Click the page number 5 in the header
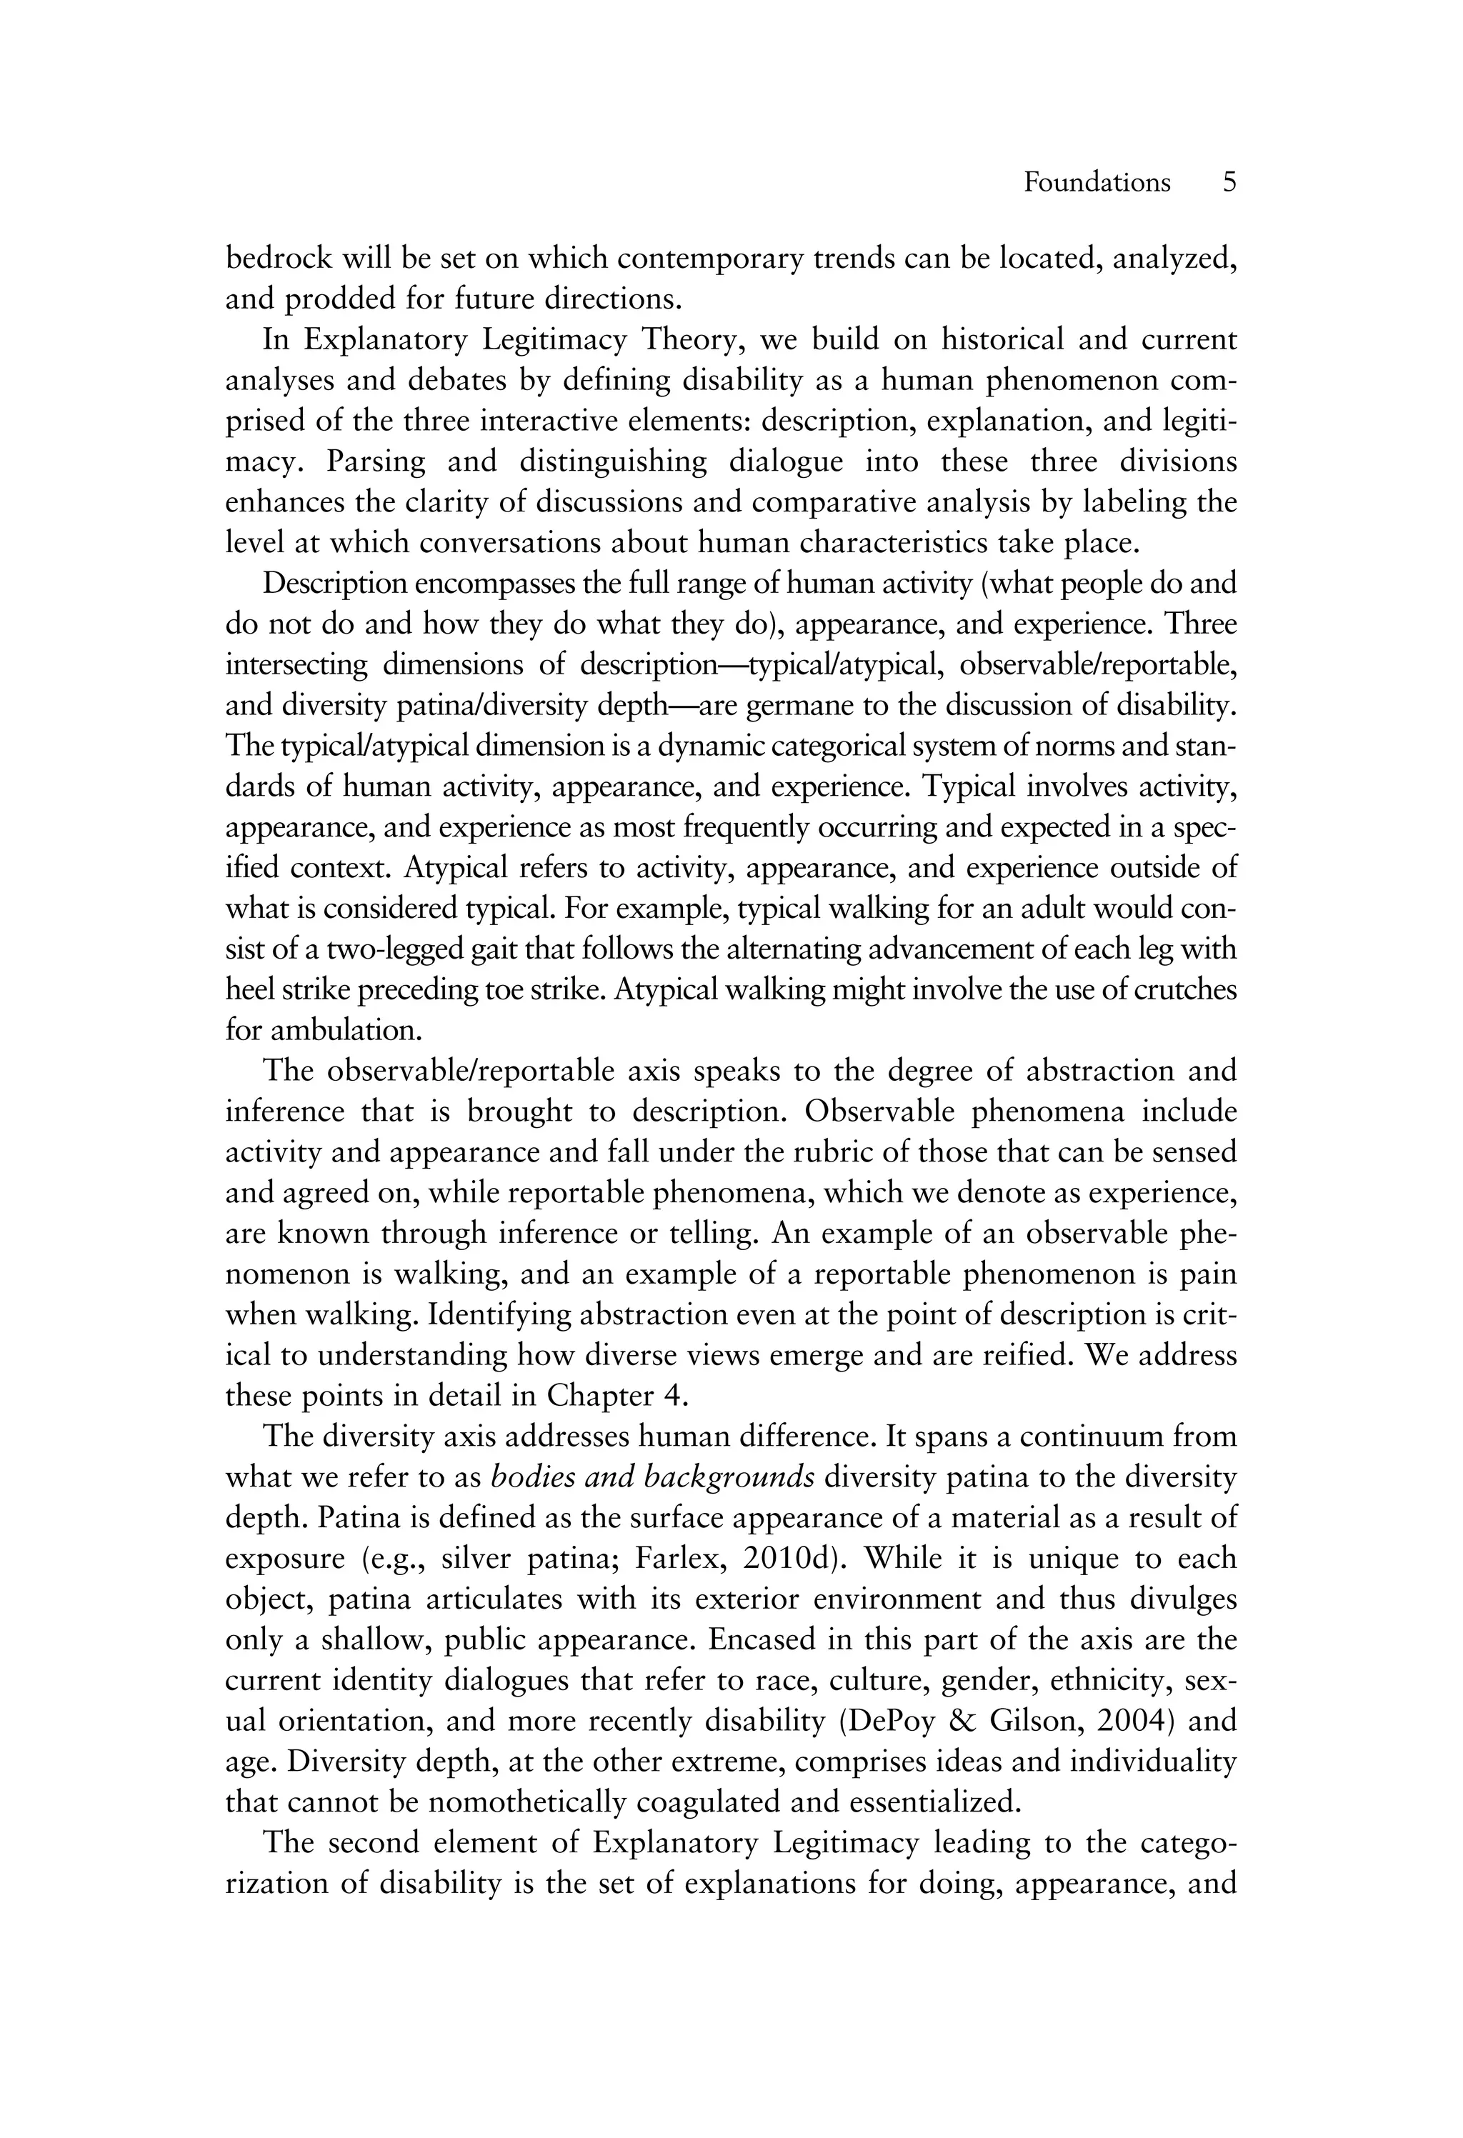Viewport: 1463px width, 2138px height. pyautogui.click(x=1229, y=182)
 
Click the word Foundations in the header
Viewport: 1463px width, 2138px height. pyautogui.click(x=1097, y=182)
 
